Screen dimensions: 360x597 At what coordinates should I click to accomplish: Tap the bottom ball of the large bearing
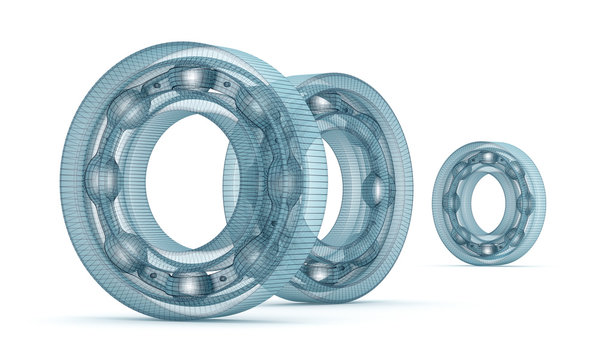click(188, 284)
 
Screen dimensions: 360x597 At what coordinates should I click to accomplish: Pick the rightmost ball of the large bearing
click(283, 181)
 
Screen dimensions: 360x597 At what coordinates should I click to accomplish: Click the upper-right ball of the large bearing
click(254, 108)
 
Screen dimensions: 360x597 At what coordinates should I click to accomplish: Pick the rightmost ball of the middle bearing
click(375, 188)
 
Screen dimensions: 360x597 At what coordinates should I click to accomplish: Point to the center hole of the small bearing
click(487, 203)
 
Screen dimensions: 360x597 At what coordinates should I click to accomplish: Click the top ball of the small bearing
click(487, 157)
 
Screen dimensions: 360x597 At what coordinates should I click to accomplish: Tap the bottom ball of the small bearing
click(487, 249)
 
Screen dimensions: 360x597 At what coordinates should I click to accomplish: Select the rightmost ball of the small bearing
click(525, 204)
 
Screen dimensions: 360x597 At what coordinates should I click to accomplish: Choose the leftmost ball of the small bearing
click(450, 203)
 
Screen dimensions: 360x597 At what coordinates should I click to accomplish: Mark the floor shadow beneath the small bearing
click(490, 266)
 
